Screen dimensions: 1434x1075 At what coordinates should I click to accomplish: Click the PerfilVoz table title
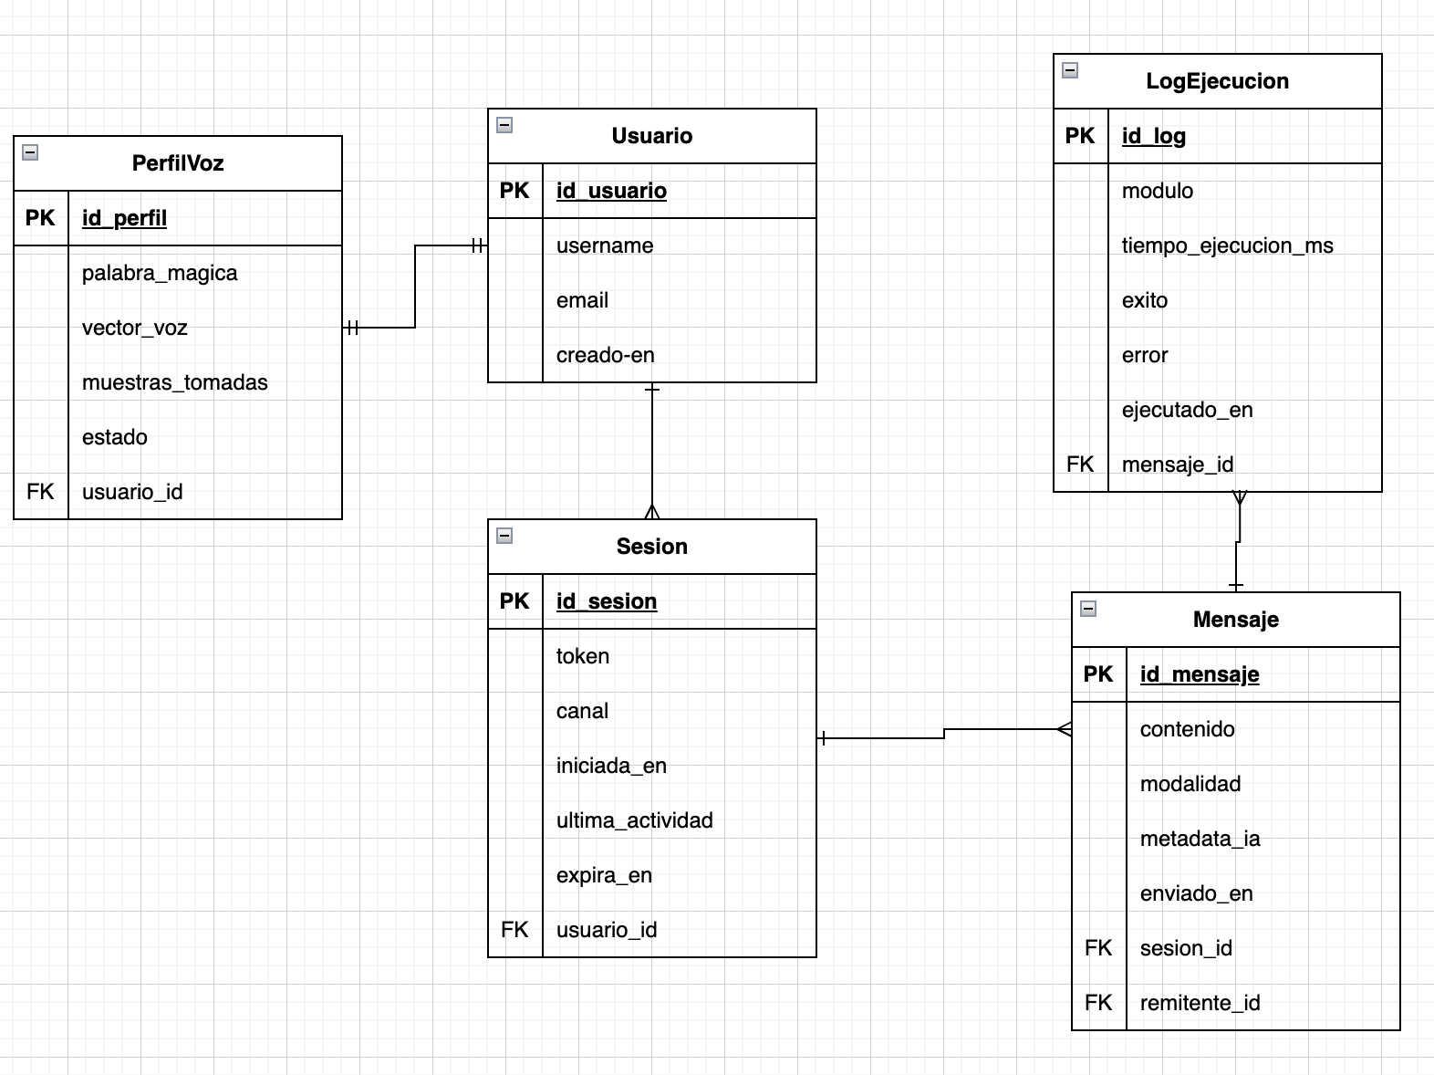[178, 162]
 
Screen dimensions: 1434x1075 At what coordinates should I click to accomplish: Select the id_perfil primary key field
[124, 217]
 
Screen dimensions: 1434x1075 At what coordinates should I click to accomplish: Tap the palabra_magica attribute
[160, 273]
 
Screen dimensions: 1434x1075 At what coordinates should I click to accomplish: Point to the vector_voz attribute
[135, 328]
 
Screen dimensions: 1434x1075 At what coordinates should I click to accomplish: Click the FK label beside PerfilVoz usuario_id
[40, 492]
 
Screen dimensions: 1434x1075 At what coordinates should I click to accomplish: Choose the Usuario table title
[652, 135]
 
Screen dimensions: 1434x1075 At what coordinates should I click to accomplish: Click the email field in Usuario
[582, 300]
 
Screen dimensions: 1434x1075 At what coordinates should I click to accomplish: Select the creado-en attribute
[605, 355]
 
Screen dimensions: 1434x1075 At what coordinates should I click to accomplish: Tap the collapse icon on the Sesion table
[504, 536]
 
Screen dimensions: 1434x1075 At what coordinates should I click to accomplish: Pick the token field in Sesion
[583, 655]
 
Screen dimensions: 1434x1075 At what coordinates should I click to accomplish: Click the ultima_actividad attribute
[634, 820]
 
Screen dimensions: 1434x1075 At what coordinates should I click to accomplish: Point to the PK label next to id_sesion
[514, 601]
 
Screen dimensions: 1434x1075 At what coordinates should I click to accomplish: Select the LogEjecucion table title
[1217, 80]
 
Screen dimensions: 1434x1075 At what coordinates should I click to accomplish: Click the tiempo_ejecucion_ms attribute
[1228, 245]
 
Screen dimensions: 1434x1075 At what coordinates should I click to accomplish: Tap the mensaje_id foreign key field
[1178, 464]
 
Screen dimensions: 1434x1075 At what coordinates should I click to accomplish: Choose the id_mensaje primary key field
[1200, 673]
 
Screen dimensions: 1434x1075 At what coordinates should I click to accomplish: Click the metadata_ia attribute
[1200, 839]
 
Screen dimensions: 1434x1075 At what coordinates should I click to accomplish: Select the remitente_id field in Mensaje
[1200, 1003]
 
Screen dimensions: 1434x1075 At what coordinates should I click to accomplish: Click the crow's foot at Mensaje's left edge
[1065, 728]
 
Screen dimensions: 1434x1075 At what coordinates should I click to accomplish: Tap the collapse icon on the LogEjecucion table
[1070, 70]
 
